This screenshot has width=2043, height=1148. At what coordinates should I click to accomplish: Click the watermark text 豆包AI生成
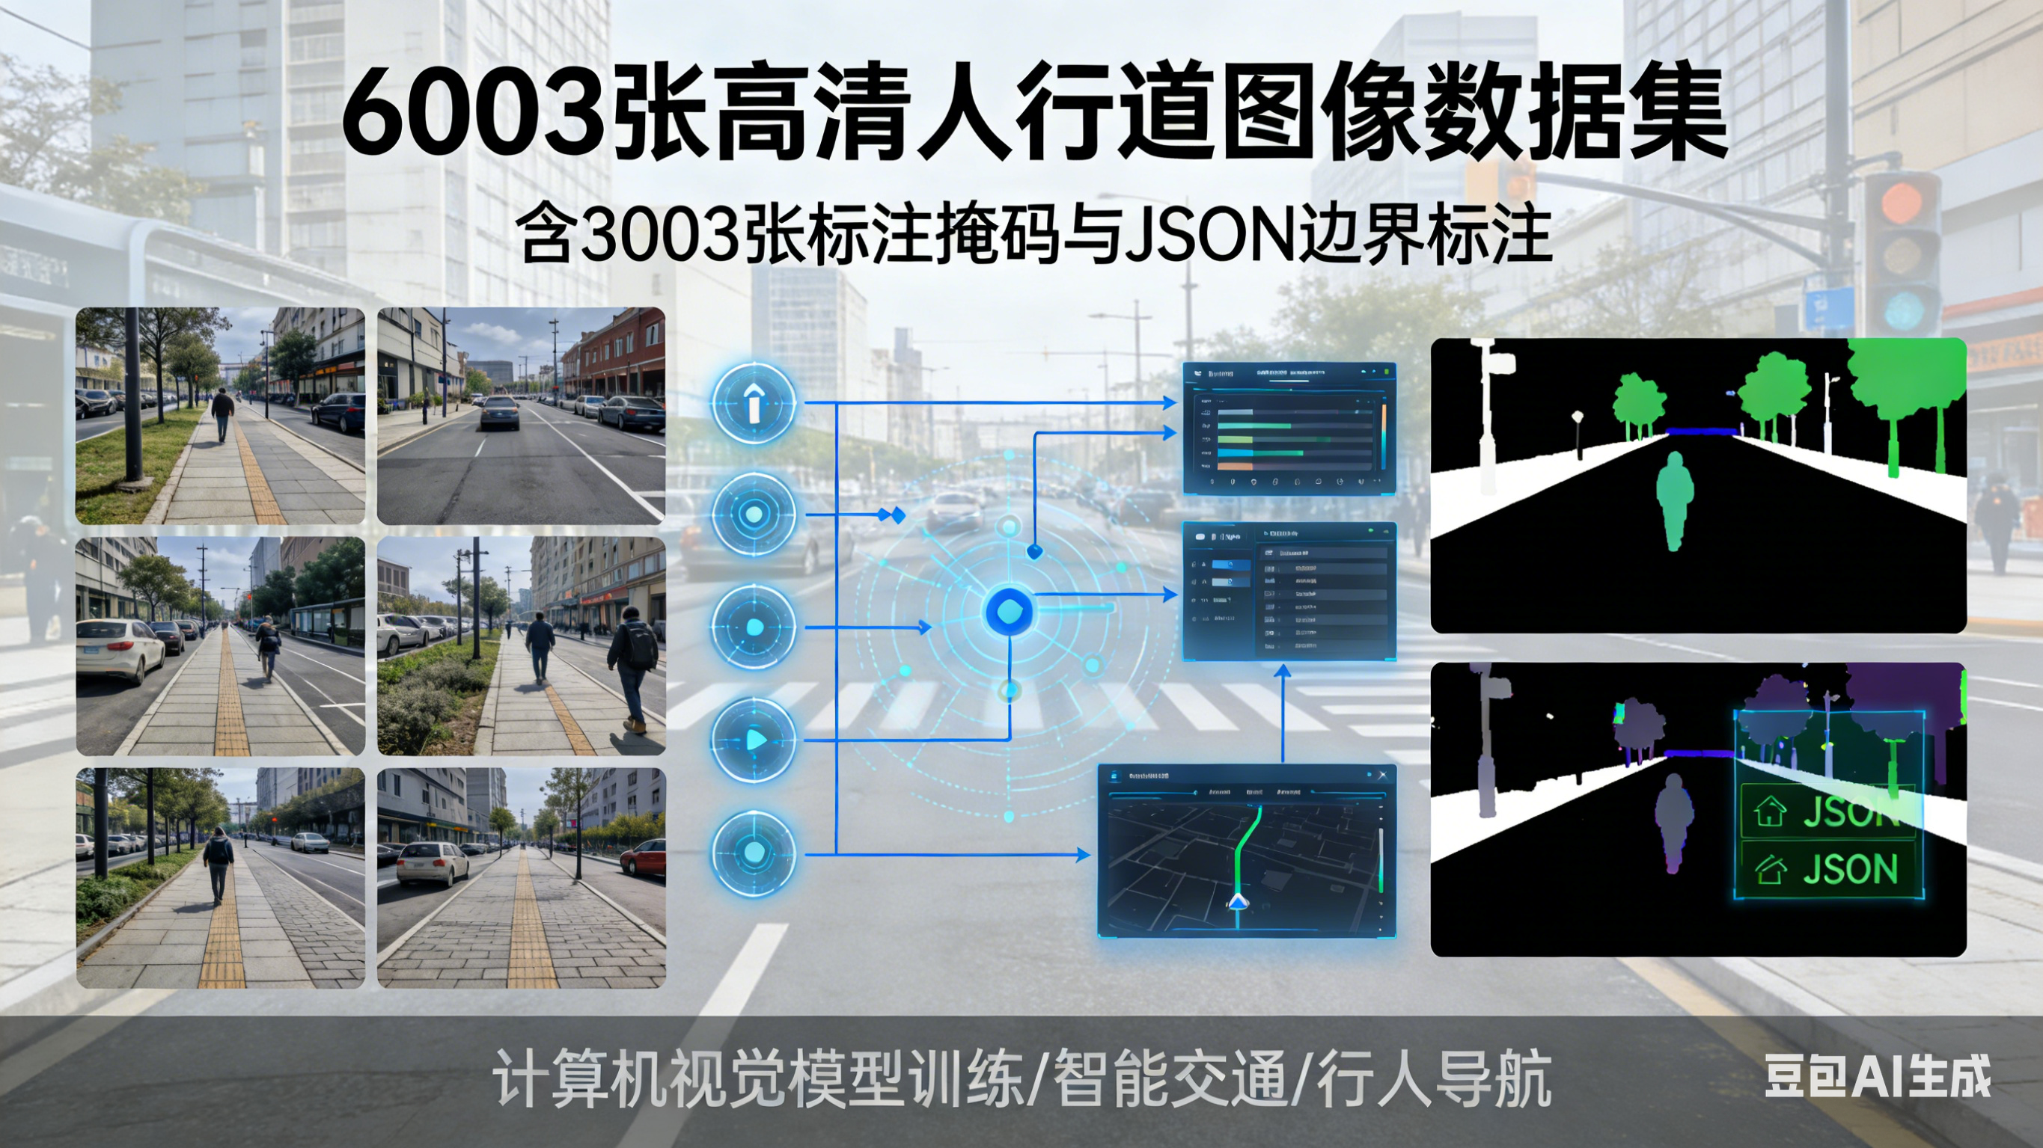[x=1876, y=1076]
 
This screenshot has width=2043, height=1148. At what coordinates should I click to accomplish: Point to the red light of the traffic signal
[x=1901, y=203]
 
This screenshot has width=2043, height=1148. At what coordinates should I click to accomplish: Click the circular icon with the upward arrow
[x=754, y=404]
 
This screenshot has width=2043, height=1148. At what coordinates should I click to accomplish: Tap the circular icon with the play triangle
[x=754, y=740]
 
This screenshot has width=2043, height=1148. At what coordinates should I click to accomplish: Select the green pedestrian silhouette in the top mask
[x=1674, y=500]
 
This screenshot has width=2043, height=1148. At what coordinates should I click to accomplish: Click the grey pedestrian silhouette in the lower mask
[x=1673, y=820]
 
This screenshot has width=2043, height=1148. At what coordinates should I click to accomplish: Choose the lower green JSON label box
[x=1829, y=870]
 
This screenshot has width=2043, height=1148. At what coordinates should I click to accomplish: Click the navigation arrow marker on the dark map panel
[x=1237, y=901]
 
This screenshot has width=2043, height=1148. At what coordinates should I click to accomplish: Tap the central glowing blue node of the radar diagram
[x=1009, y=611]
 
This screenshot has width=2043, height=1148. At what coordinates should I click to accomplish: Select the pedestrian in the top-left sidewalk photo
[x=223, y=412]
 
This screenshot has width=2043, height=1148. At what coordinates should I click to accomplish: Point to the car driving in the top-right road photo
[x=500, y=413]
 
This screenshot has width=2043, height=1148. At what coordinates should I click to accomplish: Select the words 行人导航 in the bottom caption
[x=1434, y=1078]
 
